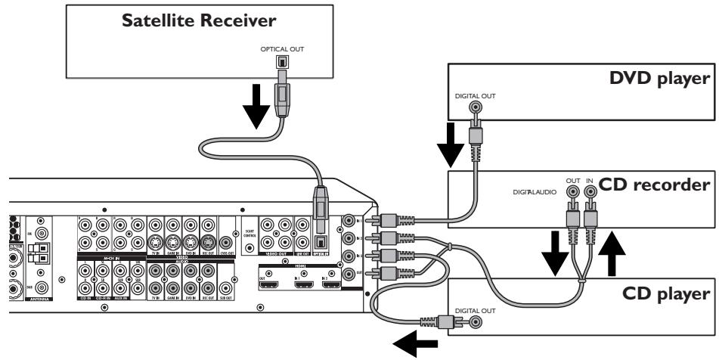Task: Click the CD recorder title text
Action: pyautogui.click(x=652, y=183)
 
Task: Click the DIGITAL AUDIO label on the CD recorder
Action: pyautogui.click(x=538, y=193)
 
